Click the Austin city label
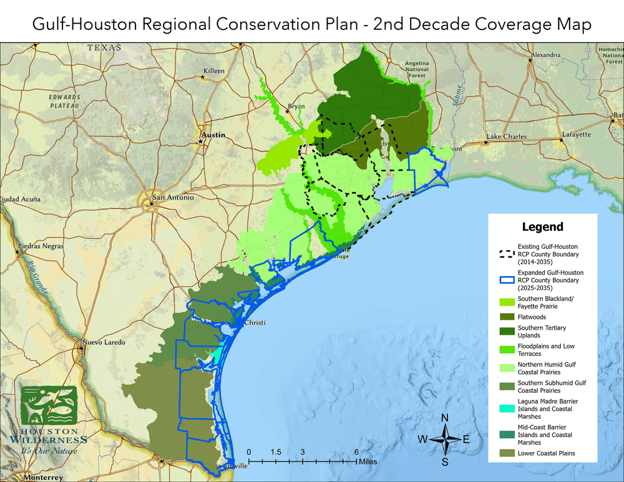tap(212, 134)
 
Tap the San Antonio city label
tap(173, 198)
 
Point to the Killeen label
tap(213, 71)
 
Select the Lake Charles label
tap(507, 136)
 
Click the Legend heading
tap(542, 227)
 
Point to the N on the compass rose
tap(445, 418)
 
